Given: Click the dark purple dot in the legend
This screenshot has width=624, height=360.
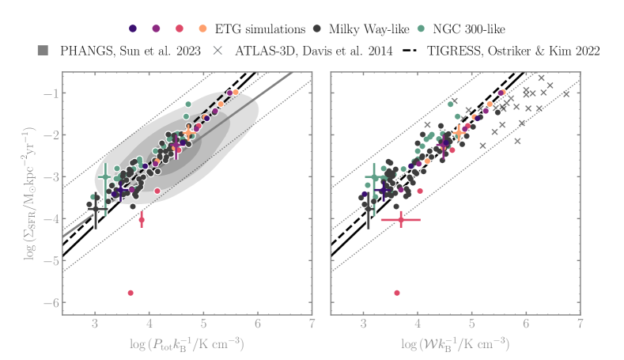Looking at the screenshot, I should point(132,28).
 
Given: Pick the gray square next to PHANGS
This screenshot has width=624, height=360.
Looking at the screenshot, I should point(43,51).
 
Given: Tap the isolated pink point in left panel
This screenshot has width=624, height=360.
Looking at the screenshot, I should point(130,293).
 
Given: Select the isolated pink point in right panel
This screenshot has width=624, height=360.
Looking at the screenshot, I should point(397,293).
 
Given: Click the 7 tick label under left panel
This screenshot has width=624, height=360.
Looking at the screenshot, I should point(312,323).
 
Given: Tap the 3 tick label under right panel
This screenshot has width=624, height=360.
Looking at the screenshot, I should point(363,323).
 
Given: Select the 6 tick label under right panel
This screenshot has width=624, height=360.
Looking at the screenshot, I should point(526,323).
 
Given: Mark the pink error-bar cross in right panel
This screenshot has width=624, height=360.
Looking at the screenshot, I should point(400,219).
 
